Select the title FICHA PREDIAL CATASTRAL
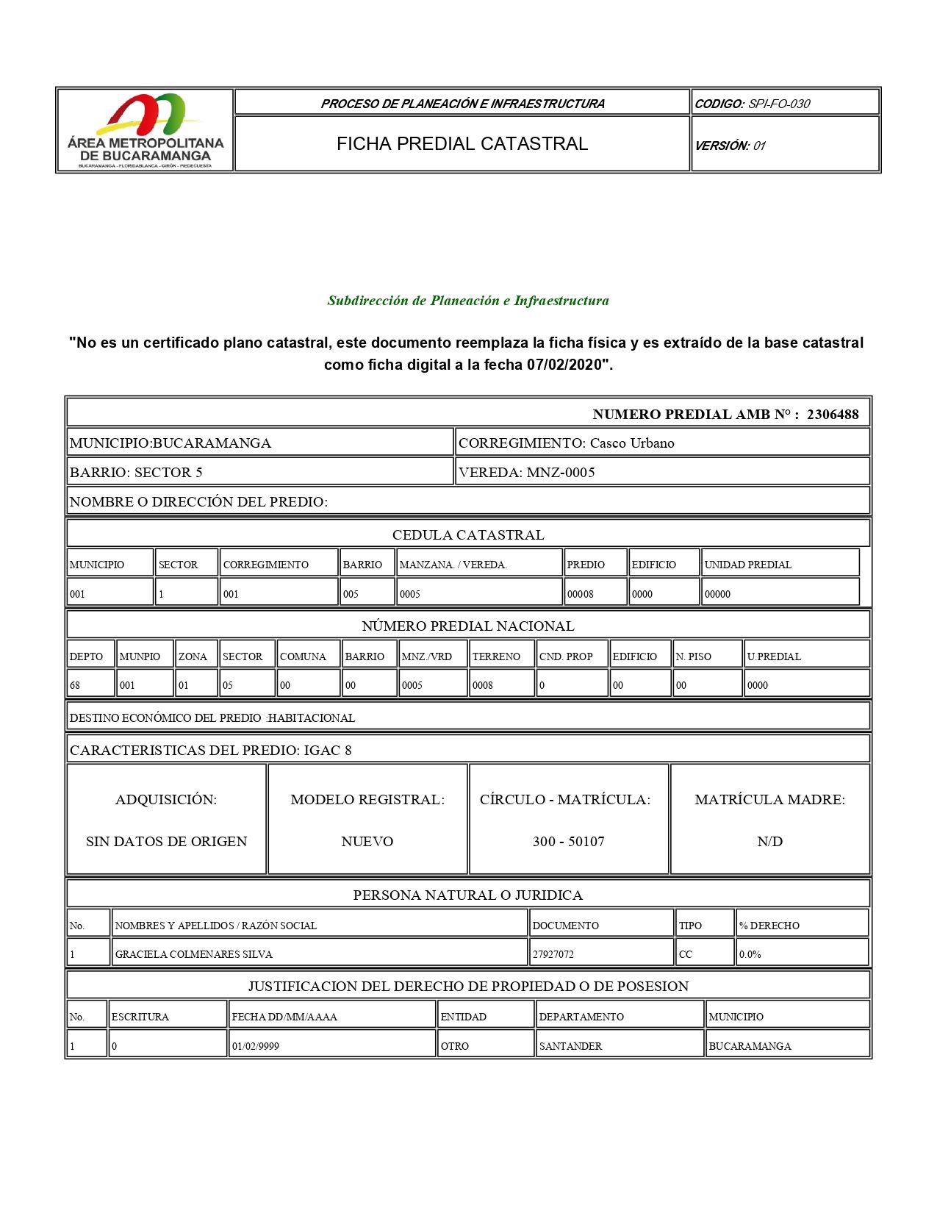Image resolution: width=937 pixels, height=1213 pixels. pos(462,144)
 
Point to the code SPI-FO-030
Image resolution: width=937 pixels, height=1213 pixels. pos(779,104)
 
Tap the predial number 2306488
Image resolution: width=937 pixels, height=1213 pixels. pos(833,415)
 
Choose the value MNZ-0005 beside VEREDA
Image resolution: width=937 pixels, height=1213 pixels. pos(561,472)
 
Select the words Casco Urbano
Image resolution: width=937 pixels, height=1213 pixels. pos(632,443)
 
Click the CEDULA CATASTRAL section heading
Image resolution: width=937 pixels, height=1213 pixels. pos(468,534)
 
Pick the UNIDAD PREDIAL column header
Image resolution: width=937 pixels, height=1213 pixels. pos(747,565)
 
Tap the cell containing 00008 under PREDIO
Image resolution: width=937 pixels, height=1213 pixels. pos(581,594)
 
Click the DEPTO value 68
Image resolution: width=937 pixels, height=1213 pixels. pos(75,685)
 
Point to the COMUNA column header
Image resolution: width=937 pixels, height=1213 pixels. pos(303,656)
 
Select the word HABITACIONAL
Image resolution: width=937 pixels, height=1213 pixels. pos(312,718)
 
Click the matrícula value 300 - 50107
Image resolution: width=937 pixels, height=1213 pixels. pos(569,841)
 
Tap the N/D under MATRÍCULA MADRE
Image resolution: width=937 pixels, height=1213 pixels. pos(769,841)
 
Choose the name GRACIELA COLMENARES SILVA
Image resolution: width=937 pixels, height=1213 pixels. pos(194,954)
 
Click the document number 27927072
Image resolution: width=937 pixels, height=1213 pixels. pos(553,954)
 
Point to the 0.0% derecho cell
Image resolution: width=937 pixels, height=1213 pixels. pos(750,954)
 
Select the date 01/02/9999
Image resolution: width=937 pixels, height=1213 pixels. pos(256,1046)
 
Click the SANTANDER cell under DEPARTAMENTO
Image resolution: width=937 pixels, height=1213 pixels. pos(570,1046)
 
